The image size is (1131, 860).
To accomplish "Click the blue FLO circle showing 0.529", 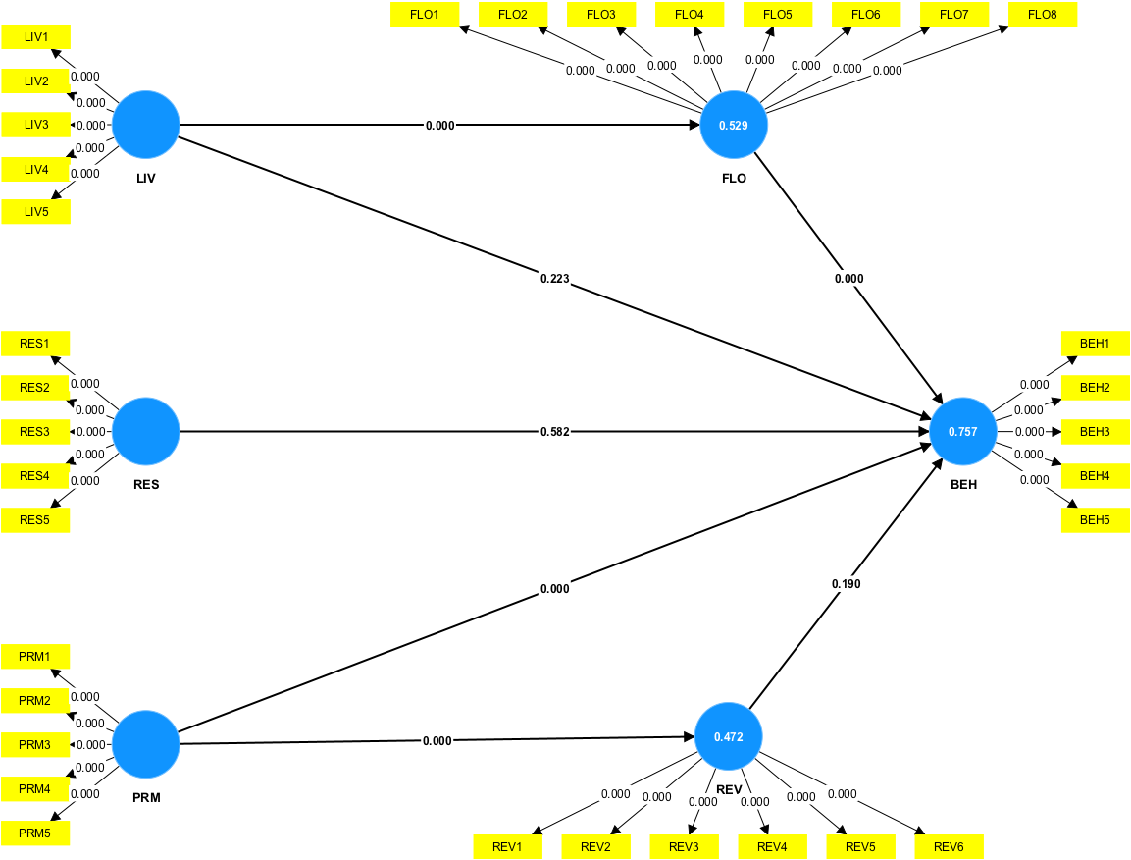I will [734, 126].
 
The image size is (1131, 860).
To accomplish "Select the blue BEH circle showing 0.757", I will [963, 432].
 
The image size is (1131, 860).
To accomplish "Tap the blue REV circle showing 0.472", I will [729, 736].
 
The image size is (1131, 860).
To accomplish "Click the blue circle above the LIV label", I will [146, 126].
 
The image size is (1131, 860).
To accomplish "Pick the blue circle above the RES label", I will [146, 432].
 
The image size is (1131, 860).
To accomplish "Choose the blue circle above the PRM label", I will [146, 744].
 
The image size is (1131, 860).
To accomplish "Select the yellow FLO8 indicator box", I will [1043, 15].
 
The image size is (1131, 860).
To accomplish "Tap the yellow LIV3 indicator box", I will [36, 125].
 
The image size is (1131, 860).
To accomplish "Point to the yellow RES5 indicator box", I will [36, 520].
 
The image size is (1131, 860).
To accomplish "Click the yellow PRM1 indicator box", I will [36, 656].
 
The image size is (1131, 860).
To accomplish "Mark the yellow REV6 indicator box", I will [949, 847].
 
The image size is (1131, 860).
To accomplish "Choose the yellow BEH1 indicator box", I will [1095, 344].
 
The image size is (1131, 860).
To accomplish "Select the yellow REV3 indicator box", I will [684, 847].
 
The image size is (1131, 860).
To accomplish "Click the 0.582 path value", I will [554, 432].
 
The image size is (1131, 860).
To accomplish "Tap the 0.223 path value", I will [554, 279].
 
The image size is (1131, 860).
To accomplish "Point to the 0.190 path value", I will [847, 584].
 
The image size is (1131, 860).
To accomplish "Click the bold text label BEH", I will [963, 485].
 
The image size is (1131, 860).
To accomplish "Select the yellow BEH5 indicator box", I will [1095, 520].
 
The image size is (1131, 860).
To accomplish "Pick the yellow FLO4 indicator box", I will [690, 15].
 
